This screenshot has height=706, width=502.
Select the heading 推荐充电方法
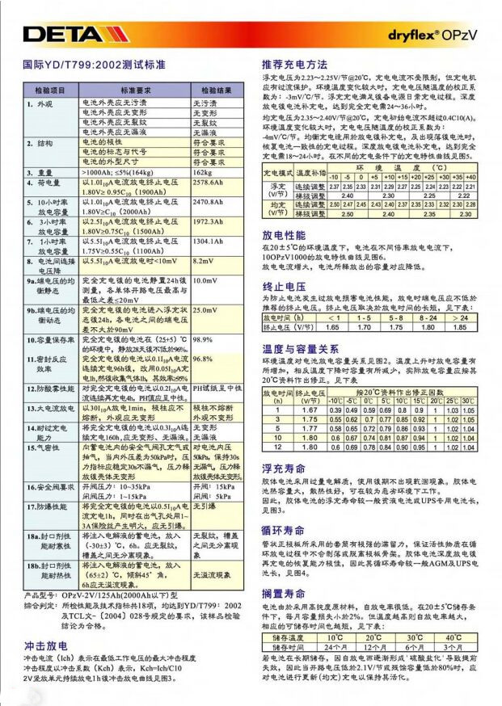tap(295, 64)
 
